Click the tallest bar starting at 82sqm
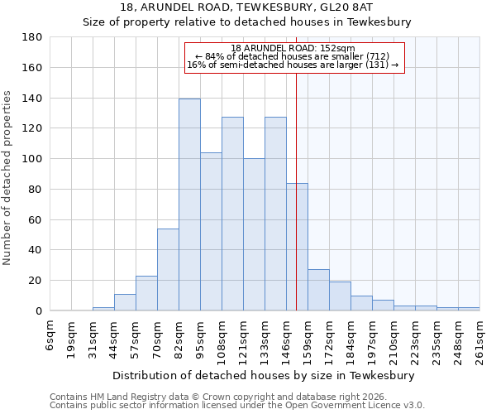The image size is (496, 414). (189, 205)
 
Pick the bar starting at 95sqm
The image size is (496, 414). (211, 231)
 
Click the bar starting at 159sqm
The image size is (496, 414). (318, 290)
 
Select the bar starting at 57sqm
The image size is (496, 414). (146, 293)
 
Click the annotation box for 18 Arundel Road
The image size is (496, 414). (293, 57)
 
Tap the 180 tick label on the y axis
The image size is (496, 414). (32, 37)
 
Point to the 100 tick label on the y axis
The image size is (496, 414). (32, 159)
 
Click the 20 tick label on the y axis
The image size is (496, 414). (36, 281)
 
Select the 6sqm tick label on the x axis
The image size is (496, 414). (50, 335)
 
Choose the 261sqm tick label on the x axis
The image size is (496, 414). (479, 339)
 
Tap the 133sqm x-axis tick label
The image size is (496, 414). (265, 339)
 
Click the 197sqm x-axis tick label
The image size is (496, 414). (372, 339)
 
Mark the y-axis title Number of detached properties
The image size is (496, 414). (8, 190)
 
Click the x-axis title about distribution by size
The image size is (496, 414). (265, 375)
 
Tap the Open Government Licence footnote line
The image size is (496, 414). (237, 406)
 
